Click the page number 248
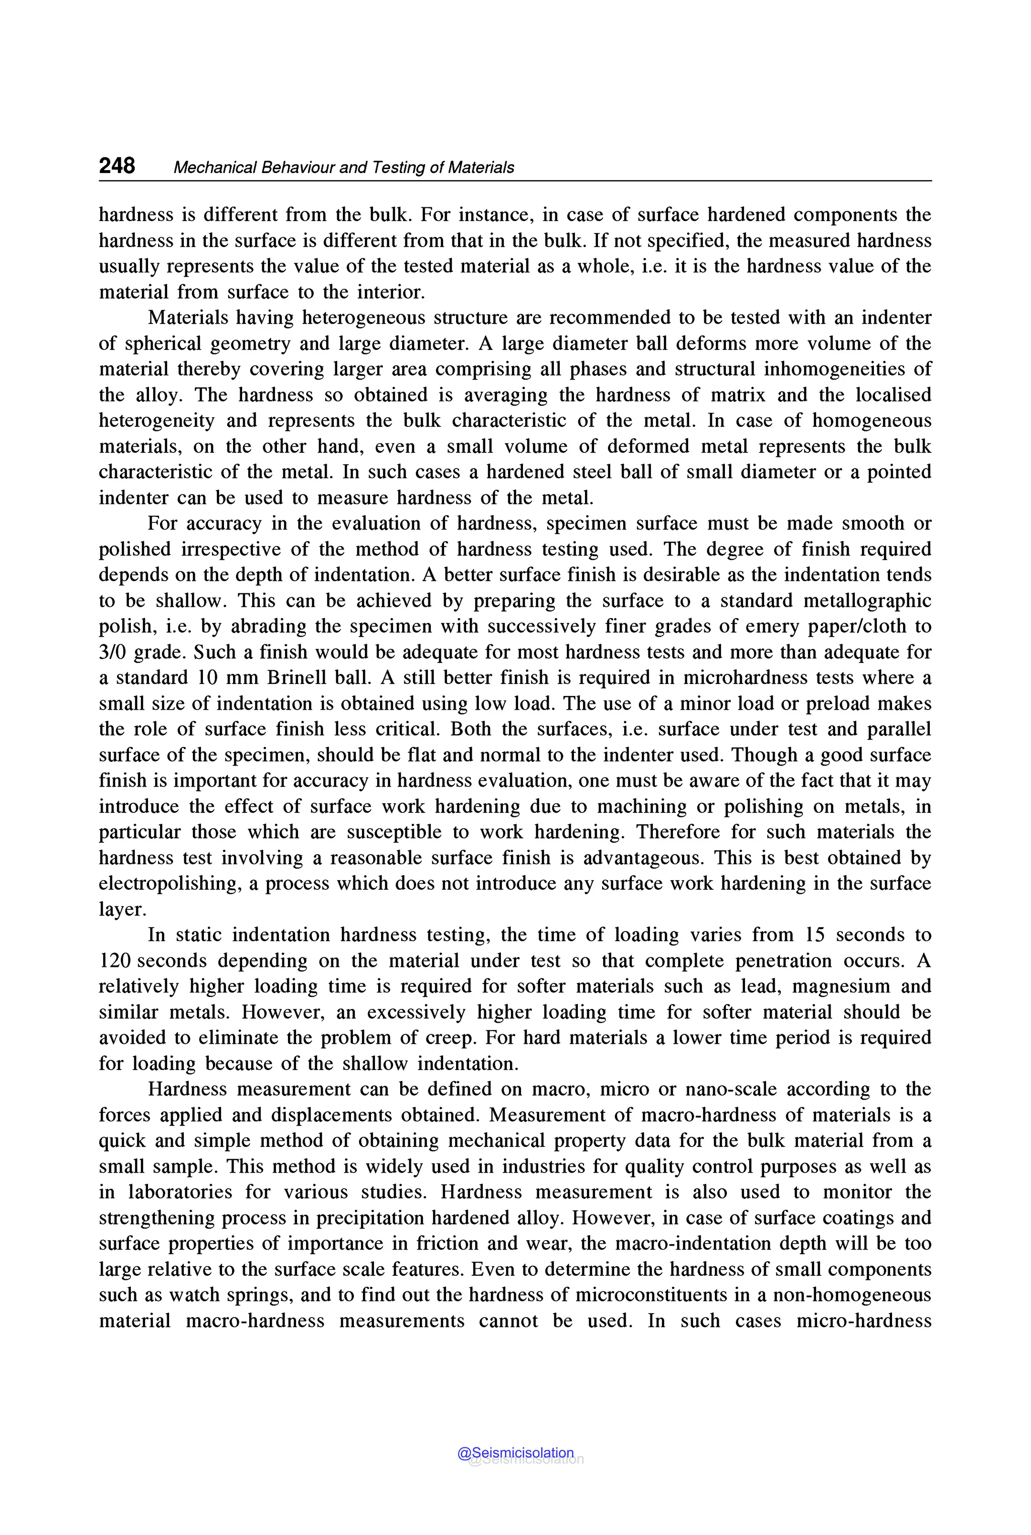pos(117,166)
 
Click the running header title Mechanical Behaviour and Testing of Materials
pos(343,168)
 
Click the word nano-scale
pos(730,1089)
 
